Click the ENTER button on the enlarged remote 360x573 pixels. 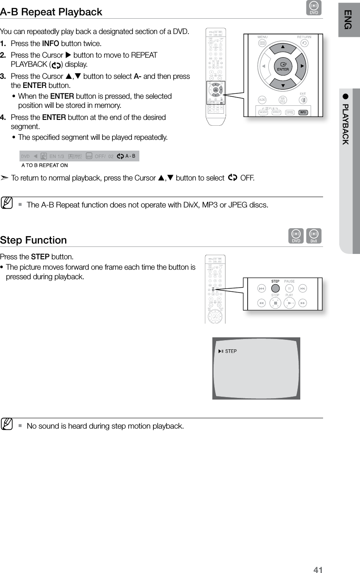coord(283,67)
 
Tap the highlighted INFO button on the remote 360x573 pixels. coord(303,112)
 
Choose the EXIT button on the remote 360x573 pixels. coord(304,100)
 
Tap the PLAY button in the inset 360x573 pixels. coord(289,303)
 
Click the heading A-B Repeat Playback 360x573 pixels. coord(51,12)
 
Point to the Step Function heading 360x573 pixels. coord(34,240)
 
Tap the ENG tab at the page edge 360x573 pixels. coord(348,19)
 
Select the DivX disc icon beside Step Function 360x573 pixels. coord(316,236)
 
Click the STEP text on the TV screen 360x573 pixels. coord(231,351)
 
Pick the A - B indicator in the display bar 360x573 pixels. coord(130,156)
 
